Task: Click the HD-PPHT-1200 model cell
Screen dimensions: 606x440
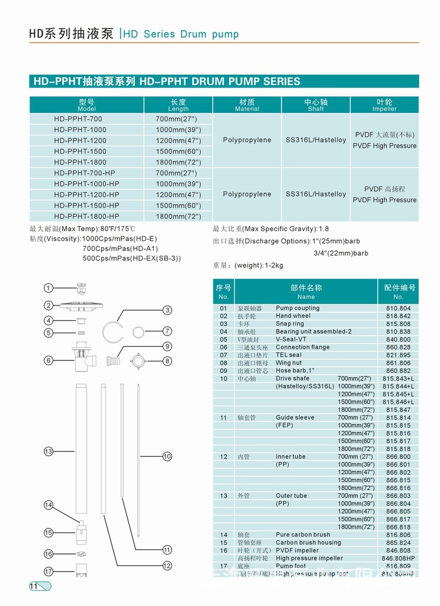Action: [x=80, y=140]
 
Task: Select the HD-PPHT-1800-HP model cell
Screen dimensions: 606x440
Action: [x=86, y=216]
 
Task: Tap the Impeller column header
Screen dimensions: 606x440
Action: [x=384, y=105]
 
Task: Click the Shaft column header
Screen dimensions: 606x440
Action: [x=316, y=105]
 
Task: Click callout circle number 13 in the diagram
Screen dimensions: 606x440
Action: [x=48, y=452]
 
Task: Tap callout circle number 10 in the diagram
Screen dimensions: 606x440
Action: [x=167, y=456]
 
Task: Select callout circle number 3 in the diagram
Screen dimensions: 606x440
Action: [x=167, y=310]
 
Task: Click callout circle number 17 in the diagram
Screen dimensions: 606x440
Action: [x=48, y=571]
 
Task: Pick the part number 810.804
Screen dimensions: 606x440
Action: [x=398, y=308]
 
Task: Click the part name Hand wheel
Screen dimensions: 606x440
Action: [x=293, y=316]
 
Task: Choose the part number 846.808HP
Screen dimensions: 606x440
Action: [x=398, y=558]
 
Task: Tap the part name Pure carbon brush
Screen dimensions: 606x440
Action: [x=303, y=534]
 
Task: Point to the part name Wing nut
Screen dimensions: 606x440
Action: [x=289, y=363]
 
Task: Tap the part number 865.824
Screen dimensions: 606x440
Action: [x=398, y=543]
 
